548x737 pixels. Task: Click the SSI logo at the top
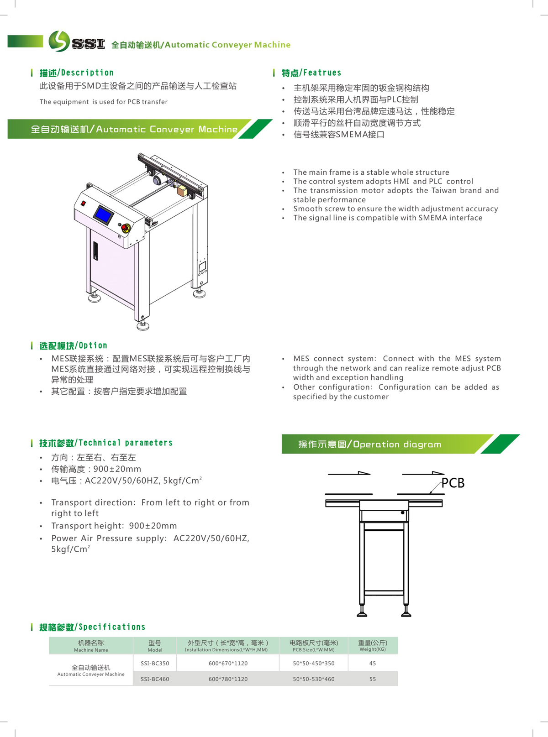click(x=76, y=42)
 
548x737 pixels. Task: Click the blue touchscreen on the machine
click(x=103, y=214)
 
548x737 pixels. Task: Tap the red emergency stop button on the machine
click(x=125, y=228)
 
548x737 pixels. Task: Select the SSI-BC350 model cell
click(x=155, y=663)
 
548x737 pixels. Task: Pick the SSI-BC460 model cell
click(x=155, y=679)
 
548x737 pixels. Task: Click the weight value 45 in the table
click(x=373, y=663)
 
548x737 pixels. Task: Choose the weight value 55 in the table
click(x=373, y=679)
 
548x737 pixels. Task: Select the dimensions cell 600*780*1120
click(x=228, y=679)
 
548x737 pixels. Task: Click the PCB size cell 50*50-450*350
click(x=314, y=663)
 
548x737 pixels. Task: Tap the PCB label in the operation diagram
click(x=453, y=483)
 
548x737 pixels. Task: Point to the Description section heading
click(x=76, y=73)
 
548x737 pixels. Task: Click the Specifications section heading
click(x=92, y=627)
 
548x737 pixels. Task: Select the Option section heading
click(x=73, y=345)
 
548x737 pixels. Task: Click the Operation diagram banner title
click(x=370, y=444)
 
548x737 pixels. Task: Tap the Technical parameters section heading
click(x=106, y=443)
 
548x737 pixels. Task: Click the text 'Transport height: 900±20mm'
click(x=114, y=526)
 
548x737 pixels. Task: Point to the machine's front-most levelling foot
click(x=143, y=325)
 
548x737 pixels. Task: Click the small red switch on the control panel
click(x=84, y=203)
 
